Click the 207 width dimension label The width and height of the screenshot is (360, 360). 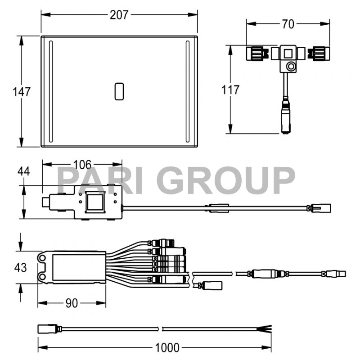119,15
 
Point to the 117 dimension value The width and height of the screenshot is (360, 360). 231,90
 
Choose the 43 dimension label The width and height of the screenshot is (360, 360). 21,267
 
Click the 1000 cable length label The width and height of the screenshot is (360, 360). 167,347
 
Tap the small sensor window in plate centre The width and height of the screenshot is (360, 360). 119,91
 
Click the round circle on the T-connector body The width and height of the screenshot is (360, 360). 292,67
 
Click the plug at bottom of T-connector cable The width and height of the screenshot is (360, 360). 285,119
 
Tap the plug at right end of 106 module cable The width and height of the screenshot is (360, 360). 323,208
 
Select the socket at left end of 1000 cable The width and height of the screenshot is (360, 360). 47,328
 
